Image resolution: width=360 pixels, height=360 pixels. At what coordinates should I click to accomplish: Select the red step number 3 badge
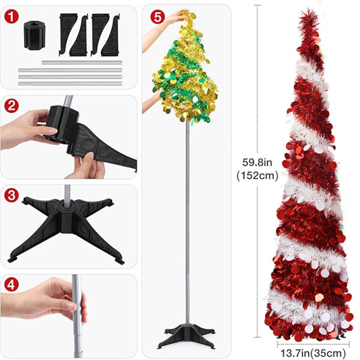click(11, 195)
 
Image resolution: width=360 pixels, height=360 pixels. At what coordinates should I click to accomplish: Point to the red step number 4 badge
click(11, 284)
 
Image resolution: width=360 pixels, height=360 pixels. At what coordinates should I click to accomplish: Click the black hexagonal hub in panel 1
click(35, 35)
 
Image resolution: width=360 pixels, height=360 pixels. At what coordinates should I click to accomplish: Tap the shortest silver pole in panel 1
click(82, 62)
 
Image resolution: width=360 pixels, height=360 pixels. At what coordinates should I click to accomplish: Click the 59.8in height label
click(257, 163)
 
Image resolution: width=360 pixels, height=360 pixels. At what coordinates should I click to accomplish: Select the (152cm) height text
click(257, 176)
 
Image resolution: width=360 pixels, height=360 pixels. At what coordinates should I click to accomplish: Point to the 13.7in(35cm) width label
click(313, 353)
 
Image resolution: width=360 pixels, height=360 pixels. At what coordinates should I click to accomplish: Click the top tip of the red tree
click(310, 10)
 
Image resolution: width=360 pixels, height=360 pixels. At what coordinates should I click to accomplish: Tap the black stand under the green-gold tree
click(187, 337)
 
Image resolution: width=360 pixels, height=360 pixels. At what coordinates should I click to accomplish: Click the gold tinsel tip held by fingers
click(190, 14)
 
